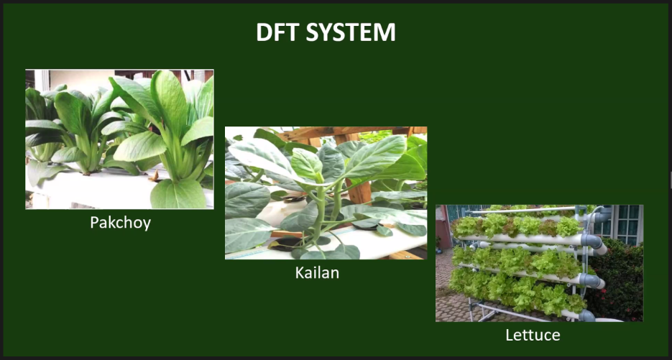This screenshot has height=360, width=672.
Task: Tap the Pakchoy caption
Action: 121,223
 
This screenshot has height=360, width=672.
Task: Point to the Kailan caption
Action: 317,272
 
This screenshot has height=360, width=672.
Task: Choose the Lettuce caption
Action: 533,335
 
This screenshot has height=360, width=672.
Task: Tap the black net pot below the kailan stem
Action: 285,244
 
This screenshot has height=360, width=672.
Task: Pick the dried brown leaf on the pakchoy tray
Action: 155,176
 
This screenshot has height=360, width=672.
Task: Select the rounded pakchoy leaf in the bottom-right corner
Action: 178,194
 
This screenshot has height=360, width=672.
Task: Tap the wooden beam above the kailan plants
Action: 347,132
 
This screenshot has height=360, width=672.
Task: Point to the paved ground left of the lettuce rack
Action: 446,296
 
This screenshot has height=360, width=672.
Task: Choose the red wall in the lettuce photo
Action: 442,227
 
